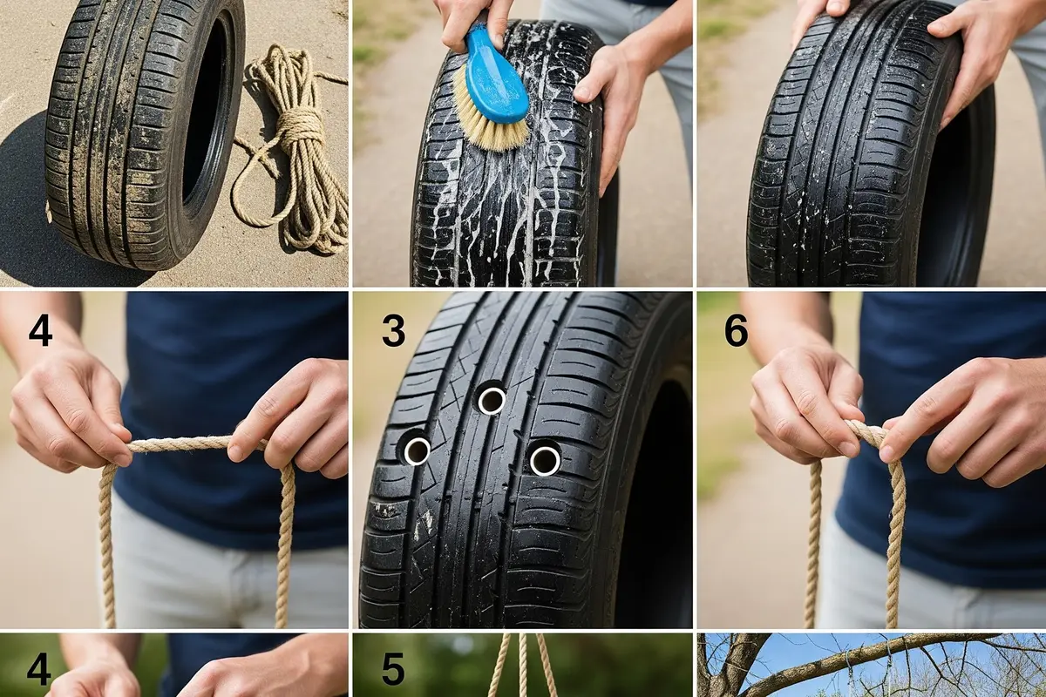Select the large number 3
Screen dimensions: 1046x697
[x=393, y=331]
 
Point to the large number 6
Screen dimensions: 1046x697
[x=736, y=331]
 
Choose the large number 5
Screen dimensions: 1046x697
[x=393, y=669]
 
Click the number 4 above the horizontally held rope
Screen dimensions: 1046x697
[x=40, y=331]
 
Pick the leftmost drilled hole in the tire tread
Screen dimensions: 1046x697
[x=417, y=451]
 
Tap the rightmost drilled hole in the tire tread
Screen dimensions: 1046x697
[x=545, y=460]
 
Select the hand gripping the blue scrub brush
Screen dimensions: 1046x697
[x=472, y=21]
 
